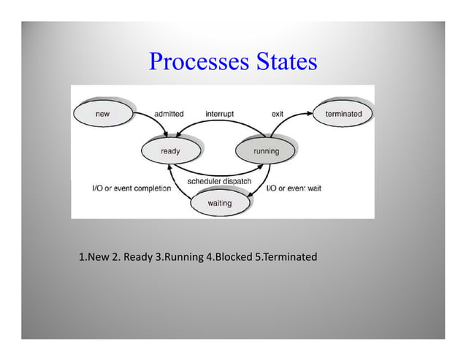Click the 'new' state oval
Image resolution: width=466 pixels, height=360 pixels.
(102, 115)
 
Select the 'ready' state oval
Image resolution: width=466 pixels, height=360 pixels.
(170, 151)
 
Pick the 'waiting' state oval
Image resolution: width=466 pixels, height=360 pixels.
(219, 203)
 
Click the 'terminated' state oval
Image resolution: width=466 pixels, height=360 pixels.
(343, 114)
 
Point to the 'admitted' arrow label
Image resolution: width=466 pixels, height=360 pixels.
(169, 115)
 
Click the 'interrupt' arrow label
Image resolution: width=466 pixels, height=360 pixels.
(220, 115)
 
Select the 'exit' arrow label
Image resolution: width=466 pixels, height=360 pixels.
(278, 115)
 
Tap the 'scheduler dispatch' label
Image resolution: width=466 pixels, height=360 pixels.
(219, 180)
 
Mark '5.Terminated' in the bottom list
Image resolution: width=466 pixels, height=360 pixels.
(286, 257)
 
